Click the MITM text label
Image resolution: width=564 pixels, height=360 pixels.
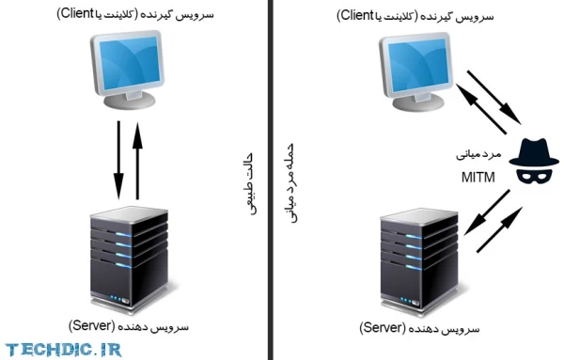(478, 176)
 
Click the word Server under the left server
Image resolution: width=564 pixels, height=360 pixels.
(94, 325)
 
